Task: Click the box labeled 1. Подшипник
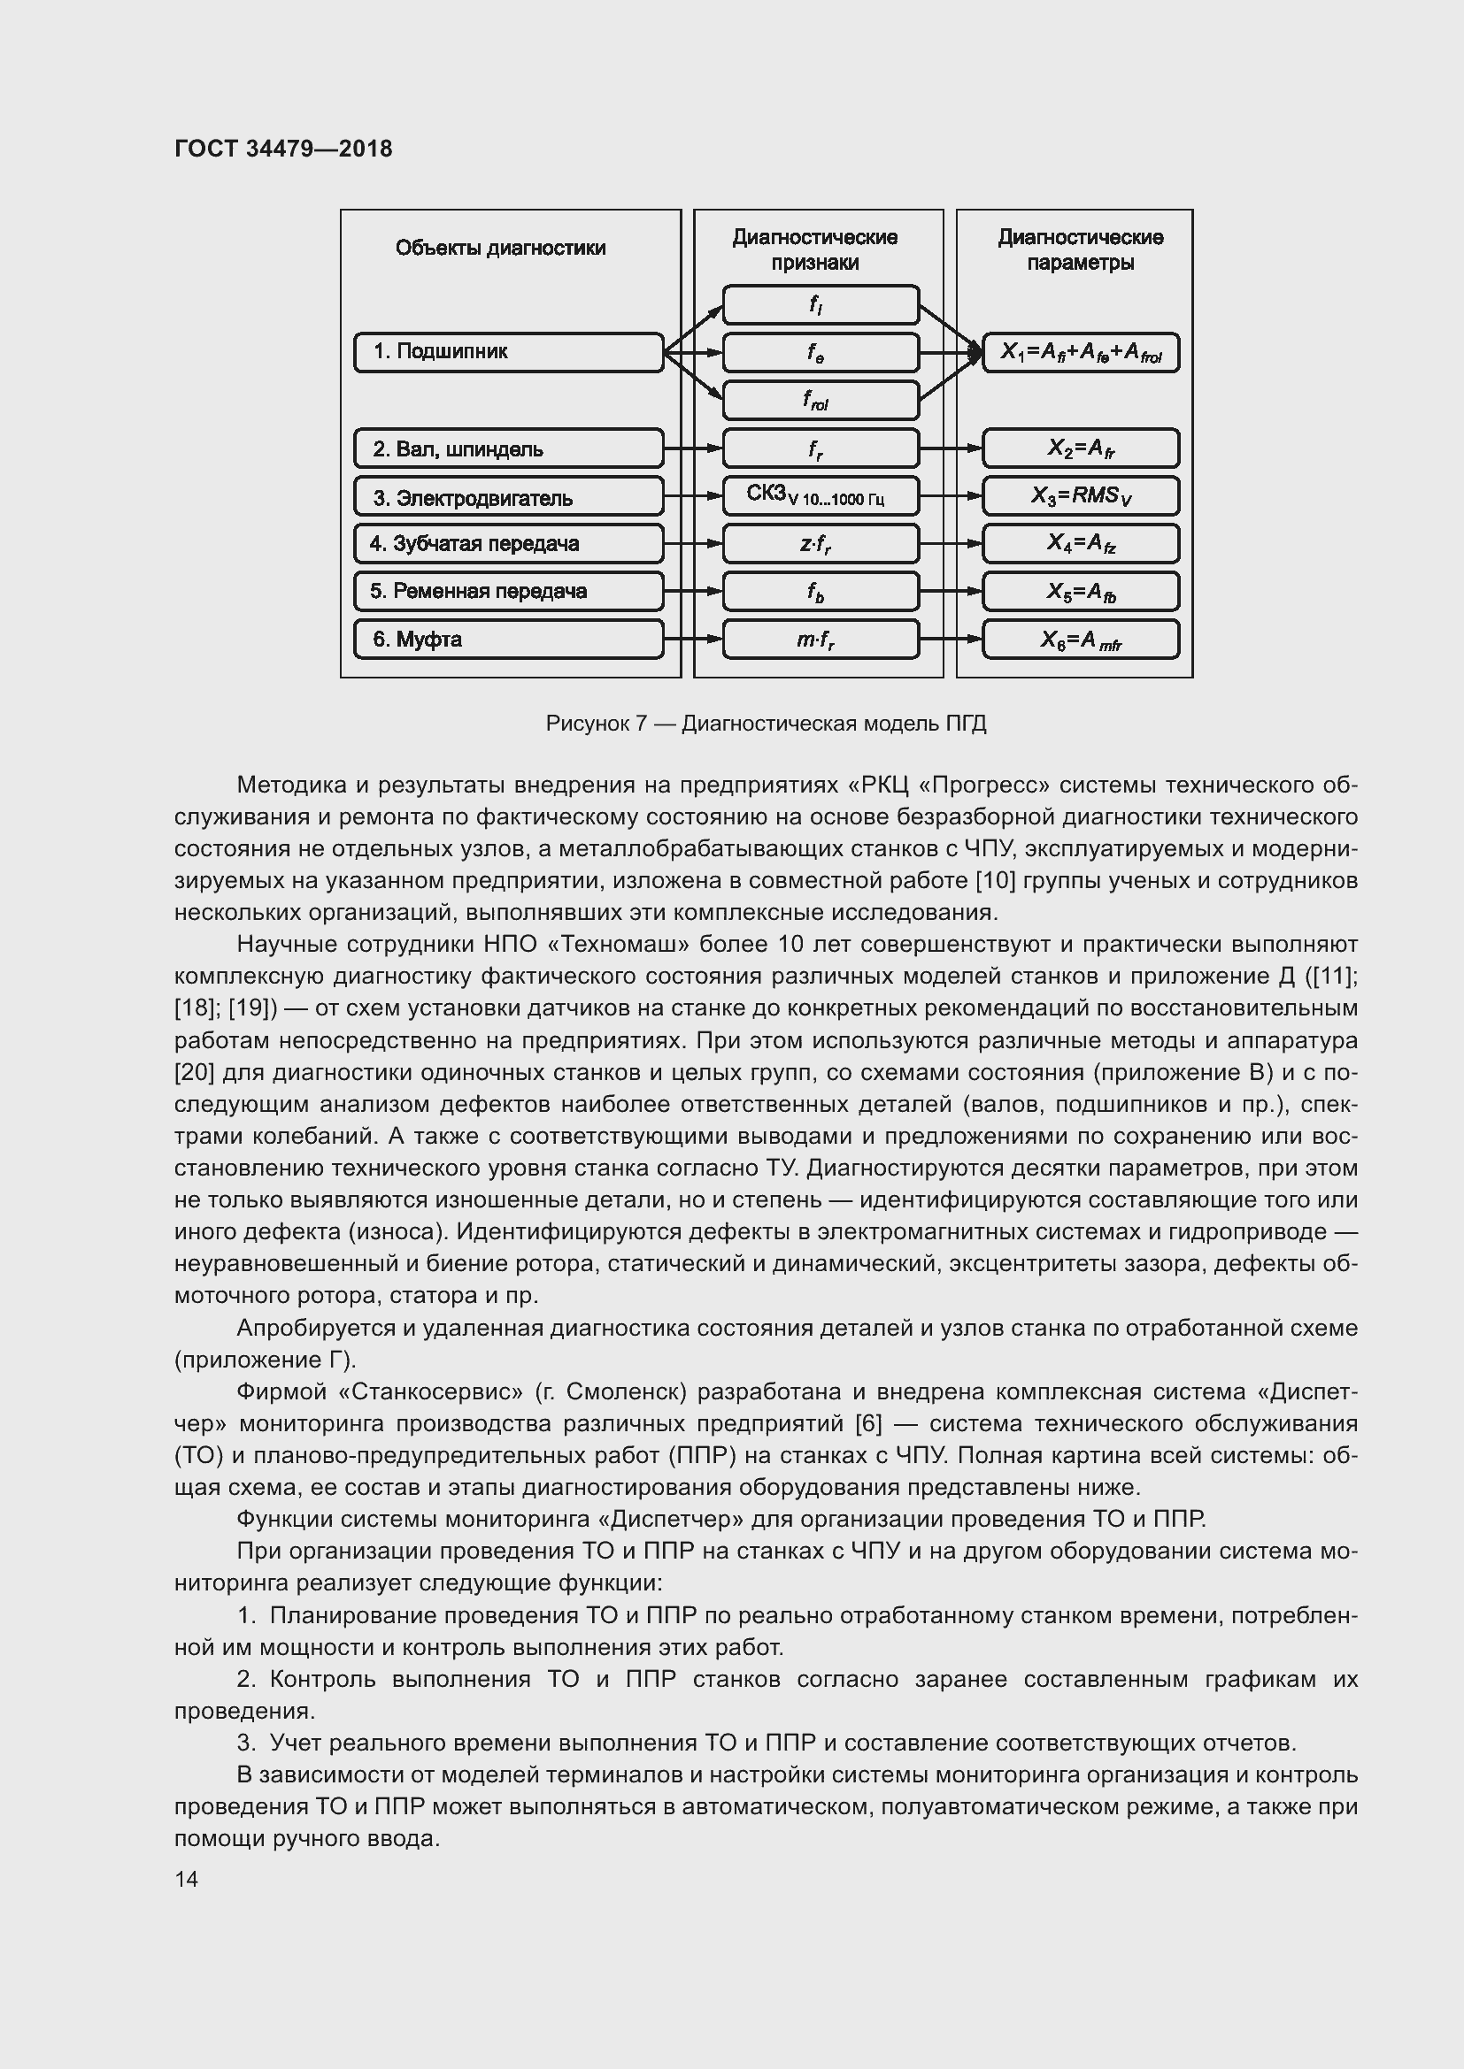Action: coord(508,352)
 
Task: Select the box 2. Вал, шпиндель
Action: coord(508,448)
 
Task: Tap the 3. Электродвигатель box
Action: coord(508,496)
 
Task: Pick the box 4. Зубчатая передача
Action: coord(508,543)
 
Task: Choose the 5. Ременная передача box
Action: coord(508,591)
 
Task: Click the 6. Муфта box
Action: coord(508,639)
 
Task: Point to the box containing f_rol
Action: coord(821,400)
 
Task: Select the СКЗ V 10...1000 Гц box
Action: coord(821,495)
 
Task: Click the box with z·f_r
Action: coord(821,543)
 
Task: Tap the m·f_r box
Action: coord(821,639)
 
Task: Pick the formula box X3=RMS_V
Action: coord(1080,495)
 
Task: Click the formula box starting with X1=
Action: coord(1080,352)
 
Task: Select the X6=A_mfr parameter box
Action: coord(1080,639)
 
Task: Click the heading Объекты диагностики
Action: coord(500,248)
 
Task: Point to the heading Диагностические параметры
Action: coord(1080,249)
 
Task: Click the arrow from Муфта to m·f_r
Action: coord(692,639)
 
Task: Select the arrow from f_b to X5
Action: coord(950,591)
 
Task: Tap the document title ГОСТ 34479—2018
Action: coord(283,149)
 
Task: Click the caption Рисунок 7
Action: coord(766,724)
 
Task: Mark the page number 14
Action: coord(187,1879)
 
